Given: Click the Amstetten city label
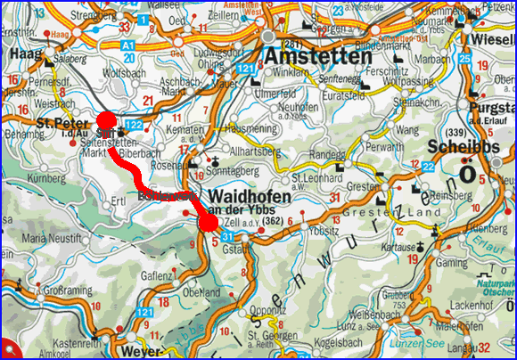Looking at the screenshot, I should click(x=317, y=55).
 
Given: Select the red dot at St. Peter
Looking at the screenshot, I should click(x=106, y=121).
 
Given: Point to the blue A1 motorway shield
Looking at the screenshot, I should click(x=129, y=42).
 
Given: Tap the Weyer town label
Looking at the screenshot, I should click(x=126, y=352).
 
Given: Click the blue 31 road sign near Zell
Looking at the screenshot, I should click(x=229, y=235).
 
